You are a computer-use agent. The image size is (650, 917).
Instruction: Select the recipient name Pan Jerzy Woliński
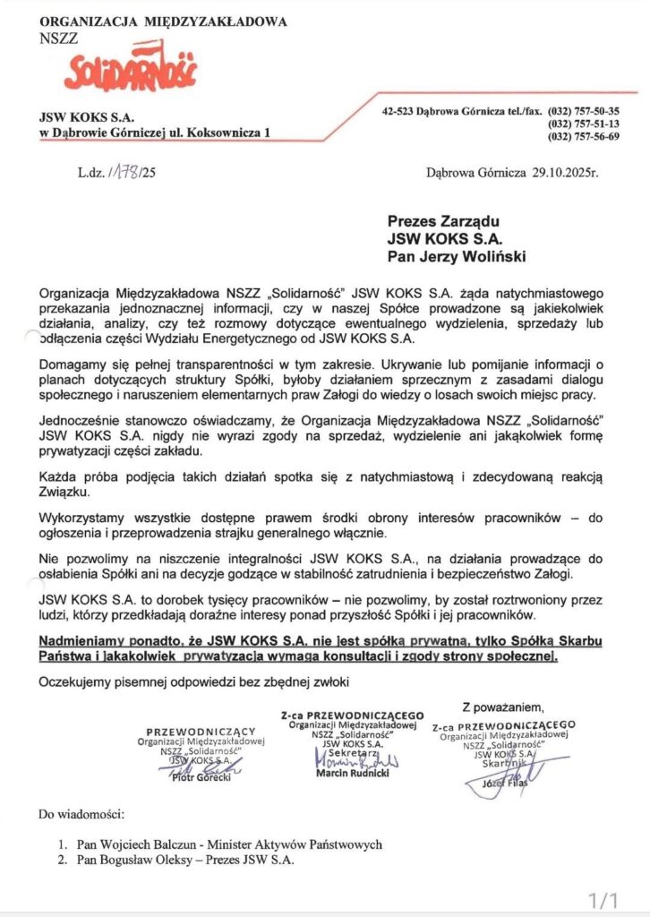(x=457, y=258)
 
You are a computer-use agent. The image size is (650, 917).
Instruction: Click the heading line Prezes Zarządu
(x=443, y=220)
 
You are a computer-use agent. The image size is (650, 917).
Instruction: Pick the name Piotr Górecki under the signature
(x=201, y=777)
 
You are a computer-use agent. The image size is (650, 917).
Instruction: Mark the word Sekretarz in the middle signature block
(x=352, y=754)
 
